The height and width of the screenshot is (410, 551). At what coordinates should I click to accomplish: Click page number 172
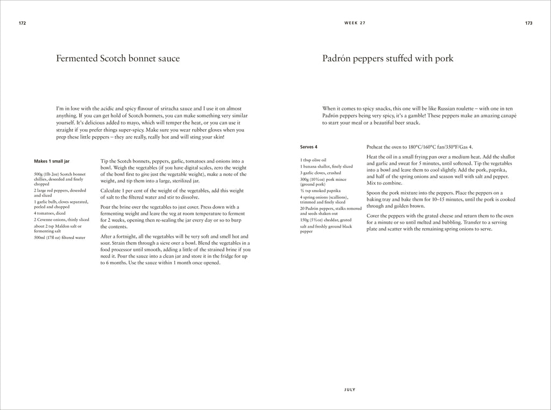(22, 24)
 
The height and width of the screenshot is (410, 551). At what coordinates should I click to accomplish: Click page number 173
(528, 24)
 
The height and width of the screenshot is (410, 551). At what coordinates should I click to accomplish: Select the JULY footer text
(350, 389)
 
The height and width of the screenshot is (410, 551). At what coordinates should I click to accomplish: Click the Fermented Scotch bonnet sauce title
(118, 59)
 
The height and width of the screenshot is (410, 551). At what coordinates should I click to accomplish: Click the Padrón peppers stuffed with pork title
(387, 59)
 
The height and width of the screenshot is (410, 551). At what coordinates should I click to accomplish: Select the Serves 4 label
(308, 147)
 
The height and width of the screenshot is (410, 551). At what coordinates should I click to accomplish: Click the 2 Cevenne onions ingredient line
(61, 220)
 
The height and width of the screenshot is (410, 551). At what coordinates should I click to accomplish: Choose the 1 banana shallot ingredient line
(327, 167)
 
